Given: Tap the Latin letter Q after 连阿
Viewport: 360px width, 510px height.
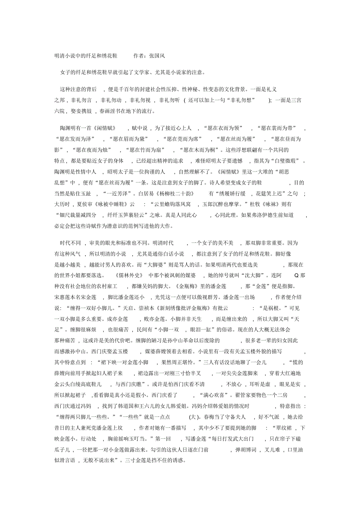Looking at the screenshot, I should point(296,276).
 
